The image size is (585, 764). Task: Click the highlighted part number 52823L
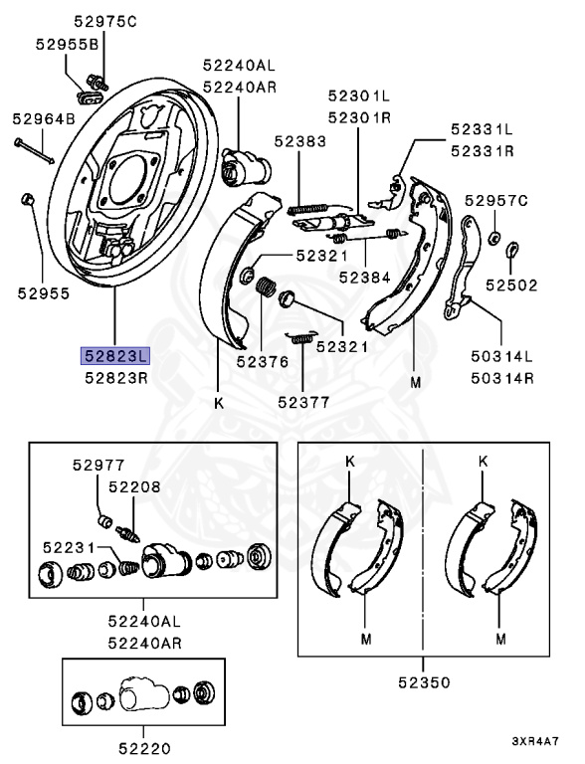pyautogui.click(x=115, y=356)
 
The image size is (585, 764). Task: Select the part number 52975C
pyautogui.click(x=105, y=22)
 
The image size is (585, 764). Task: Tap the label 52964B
pyautogui.click(x=44, y=119)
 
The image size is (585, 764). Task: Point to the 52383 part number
pyautogui.click(x=299, y=141)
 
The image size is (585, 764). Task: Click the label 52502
pyautogui.click(x=511, y=286)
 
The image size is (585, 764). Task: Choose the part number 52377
pyautogui.click(x=303, y=403)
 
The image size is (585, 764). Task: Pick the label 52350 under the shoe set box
pyautogui.click(x=424, y=682)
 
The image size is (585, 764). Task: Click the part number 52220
pyautogui.click(x=145, y=748)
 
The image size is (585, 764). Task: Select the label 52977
pyautogui.click(x=98, y=466)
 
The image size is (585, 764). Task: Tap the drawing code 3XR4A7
pyautogui.click(x=535, y=741)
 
